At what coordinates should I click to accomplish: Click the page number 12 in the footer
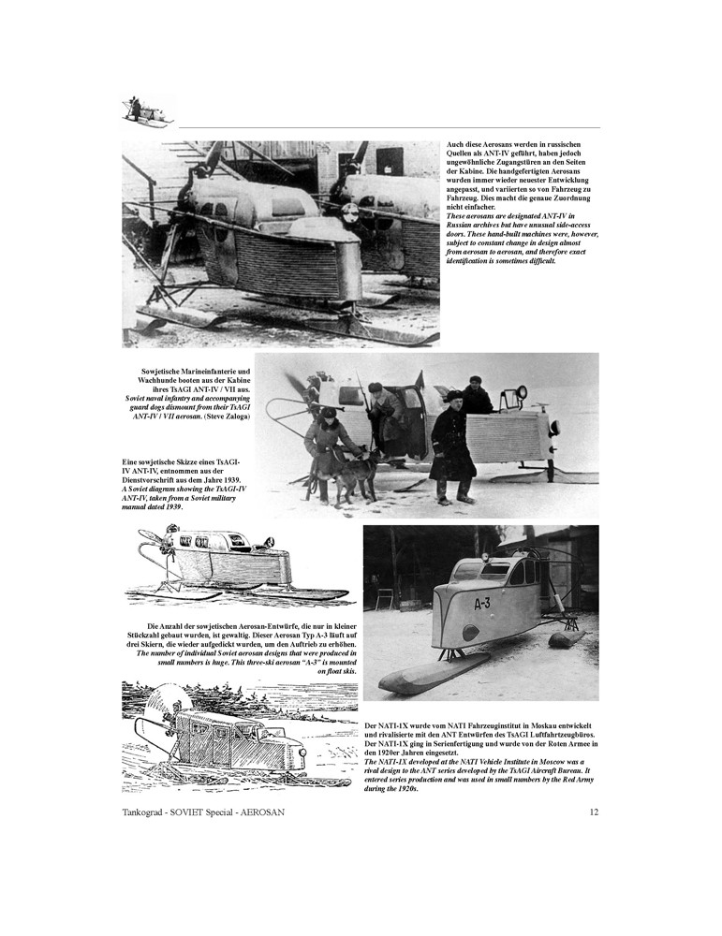(594, 812)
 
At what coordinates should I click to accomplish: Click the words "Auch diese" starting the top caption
(464, 145)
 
